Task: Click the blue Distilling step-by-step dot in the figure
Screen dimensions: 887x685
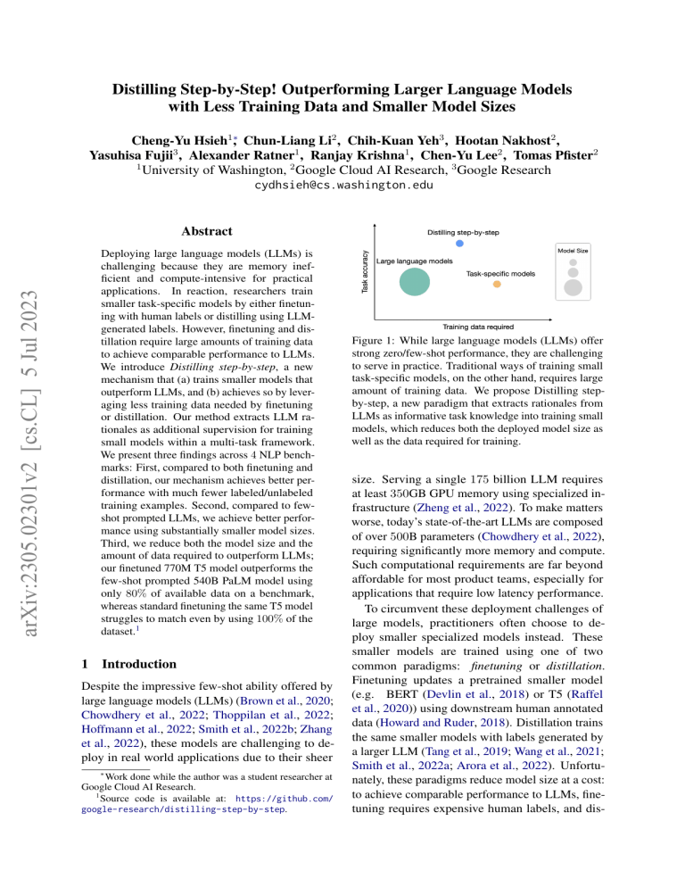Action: point(459,243)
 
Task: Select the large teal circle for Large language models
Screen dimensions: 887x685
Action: point(415,280)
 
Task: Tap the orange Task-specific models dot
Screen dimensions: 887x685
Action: point(497,284)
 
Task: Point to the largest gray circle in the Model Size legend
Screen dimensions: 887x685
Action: point(574,288)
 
